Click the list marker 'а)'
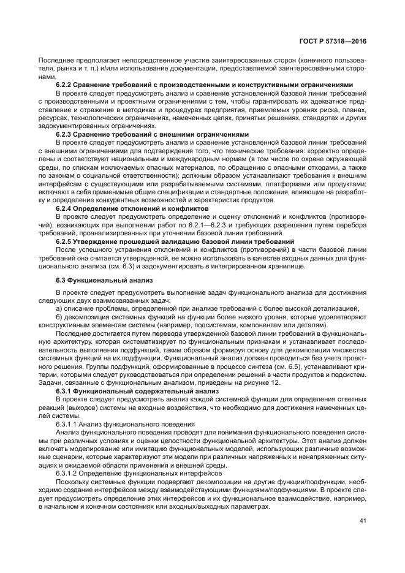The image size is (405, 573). coord(59,308)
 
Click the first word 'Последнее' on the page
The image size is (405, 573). coord(56,61)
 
